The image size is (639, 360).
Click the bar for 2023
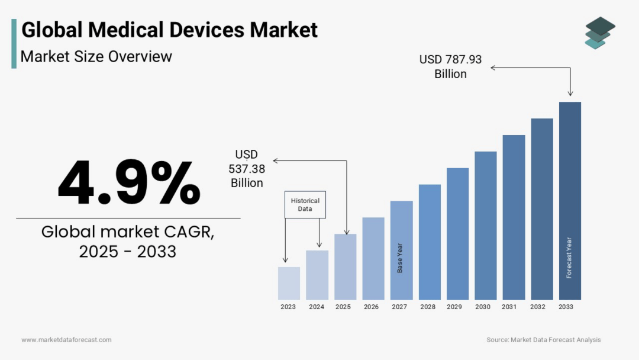click(289, 283)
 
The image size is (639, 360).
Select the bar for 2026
click(373, 258)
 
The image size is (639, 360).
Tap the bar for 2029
click(457, 233)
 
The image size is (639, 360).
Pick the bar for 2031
click(514, 217)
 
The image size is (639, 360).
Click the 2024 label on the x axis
click(317, 307)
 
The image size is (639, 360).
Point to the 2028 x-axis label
click(428, 307)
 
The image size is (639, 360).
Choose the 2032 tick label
click(538, 307)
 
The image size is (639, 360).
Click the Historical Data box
click(305, 204)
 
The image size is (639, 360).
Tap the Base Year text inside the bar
click(401, 258)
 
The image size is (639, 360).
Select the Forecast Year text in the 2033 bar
click(569, 258)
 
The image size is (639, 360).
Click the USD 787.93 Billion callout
click(451, 66)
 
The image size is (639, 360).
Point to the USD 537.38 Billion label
click(247, 169)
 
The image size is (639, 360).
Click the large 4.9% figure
click(129, 182)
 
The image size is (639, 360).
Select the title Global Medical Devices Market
click(169, 30)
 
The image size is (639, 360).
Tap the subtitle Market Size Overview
click(96, 57)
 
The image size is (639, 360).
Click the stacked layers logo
click(599, 33)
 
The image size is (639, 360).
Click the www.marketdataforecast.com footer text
click(66, 340)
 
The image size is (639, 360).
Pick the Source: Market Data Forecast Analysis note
click(543, 340)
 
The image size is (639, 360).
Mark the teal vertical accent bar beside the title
click(14, 43)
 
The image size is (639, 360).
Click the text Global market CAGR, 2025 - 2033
click(128, 242)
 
